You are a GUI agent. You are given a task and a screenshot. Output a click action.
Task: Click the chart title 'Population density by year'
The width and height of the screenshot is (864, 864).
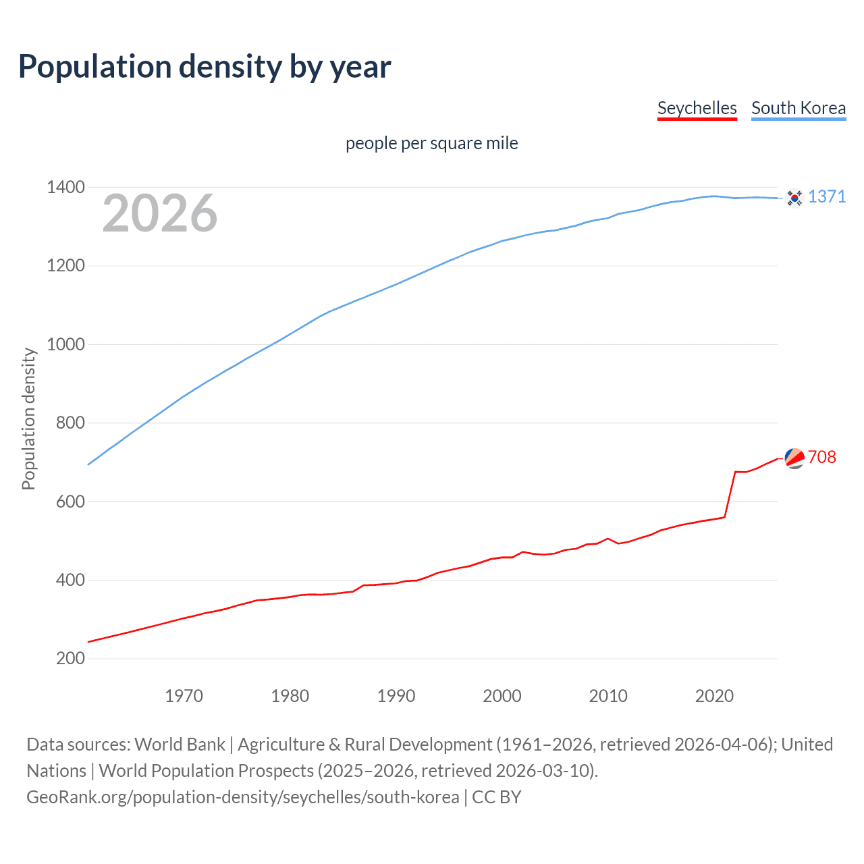coord(205,66)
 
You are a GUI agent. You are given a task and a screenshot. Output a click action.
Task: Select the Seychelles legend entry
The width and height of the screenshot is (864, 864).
coord(697,108)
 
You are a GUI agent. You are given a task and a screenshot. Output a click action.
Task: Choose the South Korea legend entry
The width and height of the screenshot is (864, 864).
coord(798,108)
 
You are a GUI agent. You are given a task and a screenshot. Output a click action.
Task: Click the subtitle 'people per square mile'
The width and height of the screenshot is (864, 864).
coord(431,143)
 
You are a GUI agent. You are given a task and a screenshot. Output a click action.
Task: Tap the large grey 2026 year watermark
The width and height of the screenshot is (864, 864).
coord(159,213)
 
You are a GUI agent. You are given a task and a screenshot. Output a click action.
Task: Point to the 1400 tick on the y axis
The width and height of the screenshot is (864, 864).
coord(65,187)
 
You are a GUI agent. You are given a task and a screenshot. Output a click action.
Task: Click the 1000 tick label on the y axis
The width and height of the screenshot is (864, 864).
coord(65,344)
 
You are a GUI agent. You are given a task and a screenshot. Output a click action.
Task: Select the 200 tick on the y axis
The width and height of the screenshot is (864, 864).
coord(70,658)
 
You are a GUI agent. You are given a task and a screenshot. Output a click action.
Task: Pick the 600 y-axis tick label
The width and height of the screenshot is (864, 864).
coord(70,502)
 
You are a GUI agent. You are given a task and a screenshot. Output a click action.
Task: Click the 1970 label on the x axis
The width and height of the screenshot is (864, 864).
coord(184,696)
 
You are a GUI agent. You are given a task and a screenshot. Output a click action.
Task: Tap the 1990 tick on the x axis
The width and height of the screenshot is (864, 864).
coord(396,696)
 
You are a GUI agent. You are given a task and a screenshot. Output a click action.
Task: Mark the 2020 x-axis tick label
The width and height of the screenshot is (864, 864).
coord(714,696)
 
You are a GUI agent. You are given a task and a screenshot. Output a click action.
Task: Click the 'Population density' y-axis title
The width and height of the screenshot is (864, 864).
coord(28,418)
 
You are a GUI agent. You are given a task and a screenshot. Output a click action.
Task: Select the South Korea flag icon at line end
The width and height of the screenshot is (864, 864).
coord(794,198)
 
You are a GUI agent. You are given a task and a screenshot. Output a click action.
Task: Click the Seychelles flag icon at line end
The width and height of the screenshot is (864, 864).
coord(794,458)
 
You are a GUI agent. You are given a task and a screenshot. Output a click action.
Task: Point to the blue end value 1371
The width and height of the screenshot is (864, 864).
coord(826,196)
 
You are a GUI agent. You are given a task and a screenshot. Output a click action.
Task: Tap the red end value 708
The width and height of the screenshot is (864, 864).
coord(821,457)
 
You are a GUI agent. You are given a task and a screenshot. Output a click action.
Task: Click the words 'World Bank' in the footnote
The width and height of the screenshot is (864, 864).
coord(180,745)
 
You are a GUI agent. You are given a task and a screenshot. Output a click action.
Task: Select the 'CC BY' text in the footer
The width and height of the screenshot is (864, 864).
coord(496,797)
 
